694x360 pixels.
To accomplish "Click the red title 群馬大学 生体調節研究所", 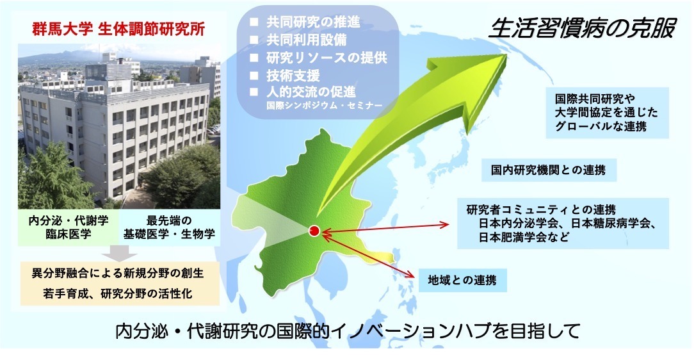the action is [118, 29].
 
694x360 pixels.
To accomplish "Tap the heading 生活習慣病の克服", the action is [583, 28].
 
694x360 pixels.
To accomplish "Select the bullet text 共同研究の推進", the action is [313, 22].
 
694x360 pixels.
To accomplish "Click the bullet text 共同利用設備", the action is [306, 40].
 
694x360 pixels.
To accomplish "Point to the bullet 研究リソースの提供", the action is [327, 58].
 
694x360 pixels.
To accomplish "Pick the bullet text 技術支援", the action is [293, 76].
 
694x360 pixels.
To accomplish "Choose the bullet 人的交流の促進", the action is [311, 92].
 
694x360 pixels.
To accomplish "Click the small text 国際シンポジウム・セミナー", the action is [324, 106].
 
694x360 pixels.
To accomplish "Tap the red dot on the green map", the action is [314, 230].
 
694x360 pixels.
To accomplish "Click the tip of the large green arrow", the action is [506, 54].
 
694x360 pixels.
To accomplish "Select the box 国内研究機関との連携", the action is [549, 170].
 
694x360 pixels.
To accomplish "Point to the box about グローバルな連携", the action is [607, 113].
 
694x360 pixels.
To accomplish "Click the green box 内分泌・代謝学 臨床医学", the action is [69, 227].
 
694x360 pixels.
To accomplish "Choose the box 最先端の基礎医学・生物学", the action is [170, 227].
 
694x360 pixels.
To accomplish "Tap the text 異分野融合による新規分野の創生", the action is [118, 273].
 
